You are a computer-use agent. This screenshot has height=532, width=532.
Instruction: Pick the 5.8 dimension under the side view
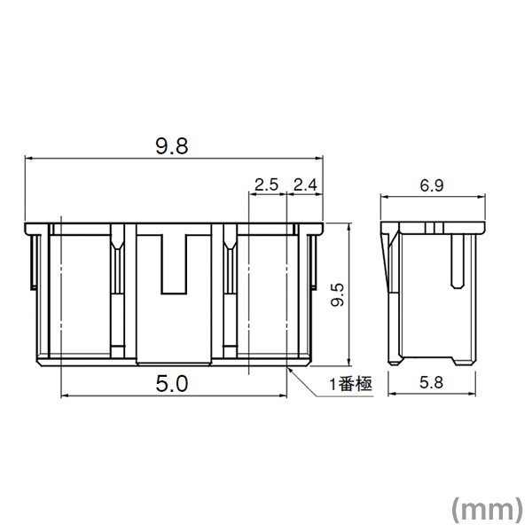point(432,384)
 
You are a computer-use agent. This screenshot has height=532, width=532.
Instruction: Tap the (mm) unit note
point(486,508)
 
